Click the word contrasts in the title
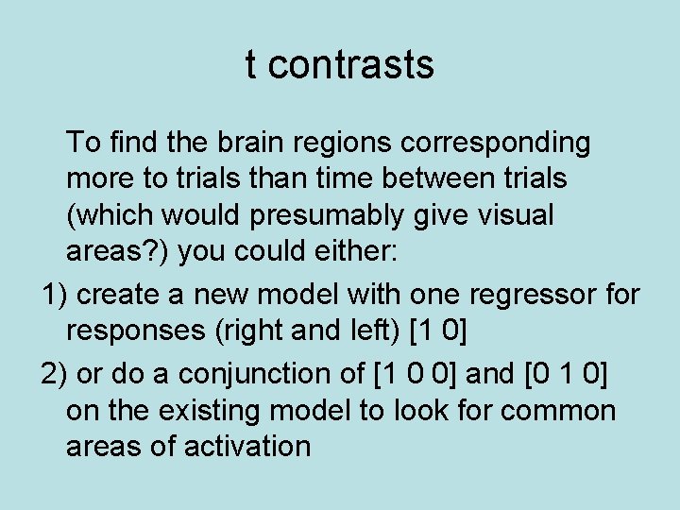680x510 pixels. click(x=357, y=65)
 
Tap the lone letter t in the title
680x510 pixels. click(x=250, y=65)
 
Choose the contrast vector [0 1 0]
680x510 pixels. click(x=567, y=374)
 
